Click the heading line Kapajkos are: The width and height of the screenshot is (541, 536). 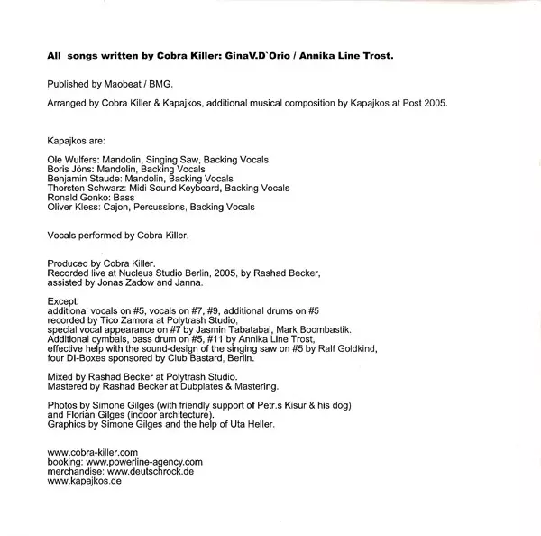click(x=75, y=142)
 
